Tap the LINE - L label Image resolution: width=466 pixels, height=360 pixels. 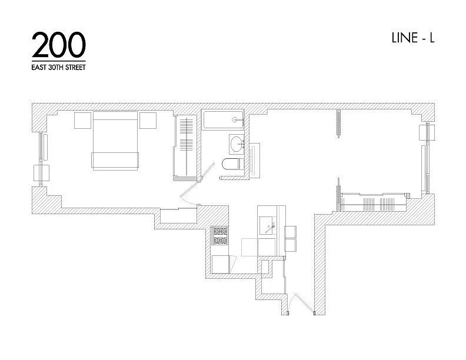[x=412, y=38]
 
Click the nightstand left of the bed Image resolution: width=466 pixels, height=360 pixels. [x=82, y=120]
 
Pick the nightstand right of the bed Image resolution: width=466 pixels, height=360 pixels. [x=148, y=120]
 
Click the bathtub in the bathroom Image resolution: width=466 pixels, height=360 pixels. [x=223, y=120]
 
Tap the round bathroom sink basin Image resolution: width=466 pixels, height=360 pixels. [x=237, y=142]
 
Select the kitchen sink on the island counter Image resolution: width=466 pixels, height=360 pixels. [x=271, y=224]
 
